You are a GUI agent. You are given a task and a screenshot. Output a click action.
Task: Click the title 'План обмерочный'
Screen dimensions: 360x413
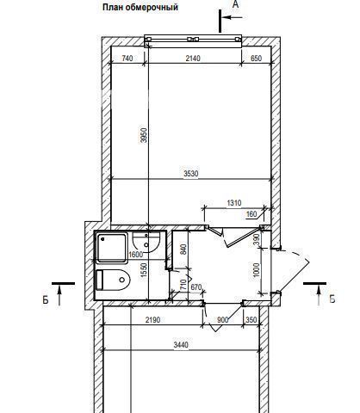pyautogui.click(x=140, y=7)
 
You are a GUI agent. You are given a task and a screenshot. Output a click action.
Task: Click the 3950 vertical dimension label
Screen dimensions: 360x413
pyautogui.click(x=144, y=135)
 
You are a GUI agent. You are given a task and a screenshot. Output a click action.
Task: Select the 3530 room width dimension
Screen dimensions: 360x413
pyautogui.click(x=191, y=174)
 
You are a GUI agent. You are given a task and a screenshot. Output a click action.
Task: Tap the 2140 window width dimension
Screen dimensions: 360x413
pyautogui.click(x=193, y=59)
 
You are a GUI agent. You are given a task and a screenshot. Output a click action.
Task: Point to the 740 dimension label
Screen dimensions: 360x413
pyautogui.click(x=127, y=59)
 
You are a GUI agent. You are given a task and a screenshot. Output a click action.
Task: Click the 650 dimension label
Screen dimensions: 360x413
pyautogui.click(x=256, y=59)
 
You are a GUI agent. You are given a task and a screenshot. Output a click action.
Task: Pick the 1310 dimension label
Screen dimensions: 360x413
pyautogui.click(x=234, y=203)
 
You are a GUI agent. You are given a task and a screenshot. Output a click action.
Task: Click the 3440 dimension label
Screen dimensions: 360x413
pyautogui.click(x=181, y=344)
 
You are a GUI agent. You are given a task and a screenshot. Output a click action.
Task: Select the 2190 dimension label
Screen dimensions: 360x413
pyautogui.click(x=152, y=320)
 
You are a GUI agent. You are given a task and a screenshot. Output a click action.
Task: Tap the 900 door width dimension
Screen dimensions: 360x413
pyautogui.click(x=223, y=320)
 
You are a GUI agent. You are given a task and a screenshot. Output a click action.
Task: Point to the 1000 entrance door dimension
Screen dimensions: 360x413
pyautogui.click(x=257, y=270)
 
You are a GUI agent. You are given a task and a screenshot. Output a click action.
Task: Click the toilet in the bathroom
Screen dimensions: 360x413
pyautogui.click(x=113, y=280)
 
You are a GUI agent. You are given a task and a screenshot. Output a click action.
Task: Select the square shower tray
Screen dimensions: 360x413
pyautogui.click(x=112, y=249)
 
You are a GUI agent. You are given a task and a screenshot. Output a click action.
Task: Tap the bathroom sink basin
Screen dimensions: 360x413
pyautogui.click(x=146, y=243)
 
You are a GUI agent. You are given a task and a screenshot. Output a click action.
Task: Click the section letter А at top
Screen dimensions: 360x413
pyautogui.click(x=235, y=4)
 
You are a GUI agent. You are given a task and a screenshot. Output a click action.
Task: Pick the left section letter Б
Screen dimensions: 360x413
pyautogui.click(x=46, y=299)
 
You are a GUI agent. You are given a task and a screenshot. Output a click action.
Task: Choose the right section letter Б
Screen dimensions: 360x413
pyautogui.click(x=332, y=299)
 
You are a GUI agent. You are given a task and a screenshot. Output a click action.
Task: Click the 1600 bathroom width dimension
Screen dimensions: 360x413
pyautogui.click(x=136, y=255)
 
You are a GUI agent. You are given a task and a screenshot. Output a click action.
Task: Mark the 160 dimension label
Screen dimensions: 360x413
pyautogui.click(x=251, y=214)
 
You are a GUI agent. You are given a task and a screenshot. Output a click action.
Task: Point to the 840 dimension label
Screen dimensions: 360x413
pyautogui.click(x=183, y=250)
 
